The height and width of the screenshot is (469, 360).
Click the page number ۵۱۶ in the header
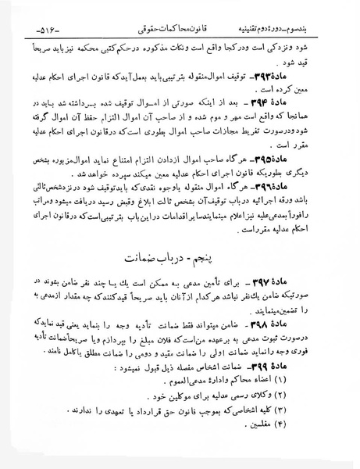click(x=23, y=13)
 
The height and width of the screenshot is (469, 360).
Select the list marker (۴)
click(x=315, y=446)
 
